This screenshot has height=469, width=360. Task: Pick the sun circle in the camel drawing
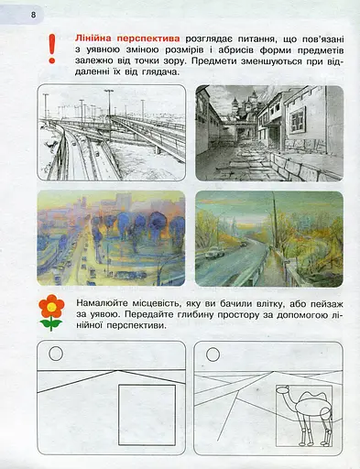tap(213, 354)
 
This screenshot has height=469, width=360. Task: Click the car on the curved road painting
tap(213, 252)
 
